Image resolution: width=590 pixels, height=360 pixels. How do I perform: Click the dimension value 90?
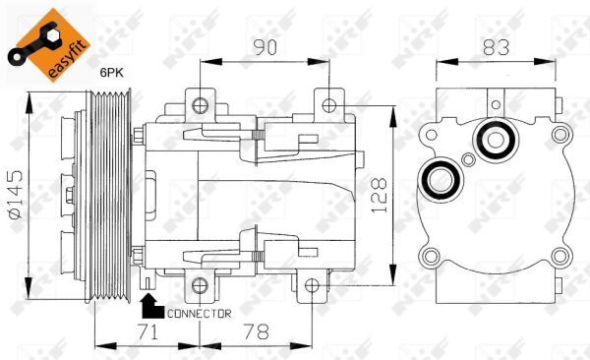(x=263, y=45)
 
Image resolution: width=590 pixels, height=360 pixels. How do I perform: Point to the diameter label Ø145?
(x=15, y=195)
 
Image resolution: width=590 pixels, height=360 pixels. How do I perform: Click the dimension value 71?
(x=147, y=332)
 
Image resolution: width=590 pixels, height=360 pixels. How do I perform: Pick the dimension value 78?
(x=256, y=332)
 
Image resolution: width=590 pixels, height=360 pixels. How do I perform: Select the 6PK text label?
(x=111, y=72)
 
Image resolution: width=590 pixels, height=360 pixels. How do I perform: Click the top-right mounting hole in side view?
(x=327, y=102)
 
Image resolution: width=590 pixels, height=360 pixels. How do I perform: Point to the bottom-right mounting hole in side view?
(x=312, y=286)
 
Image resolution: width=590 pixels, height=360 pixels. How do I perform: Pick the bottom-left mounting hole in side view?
(x=200, y=286)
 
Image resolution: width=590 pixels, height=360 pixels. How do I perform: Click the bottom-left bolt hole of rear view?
(x=428, y=259)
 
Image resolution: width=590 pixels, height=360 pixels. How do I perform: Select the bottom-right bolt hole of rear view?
(x=559, y=259)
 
